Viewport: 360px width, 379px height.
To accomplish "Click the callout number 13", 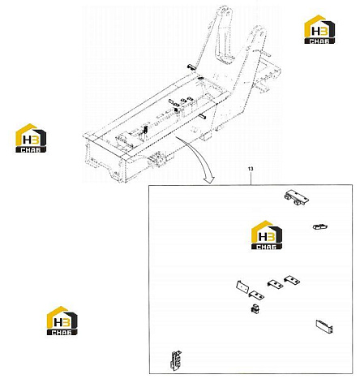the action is click(251, 169).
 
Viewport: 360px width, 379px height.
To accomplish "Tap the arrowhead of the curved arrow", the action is click(209, 179).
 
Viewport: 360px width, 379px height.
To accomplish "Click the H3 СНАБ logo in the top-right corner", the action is click(319, 29).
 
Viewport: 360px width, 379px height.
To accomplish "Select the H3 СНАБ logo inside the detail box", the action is click(267, 235).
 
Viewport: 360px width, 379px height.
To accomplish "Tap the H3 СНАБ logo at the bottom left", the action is click(62, 321).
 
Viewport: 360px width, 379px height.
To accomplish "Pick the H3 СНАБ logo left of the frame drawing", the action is click(31, 138).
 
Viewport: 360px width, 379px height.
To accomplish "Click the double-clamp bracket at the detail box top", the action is click(297, 198).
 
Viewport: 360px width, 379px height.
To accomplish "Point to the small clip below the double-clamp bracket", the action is click(320, 226).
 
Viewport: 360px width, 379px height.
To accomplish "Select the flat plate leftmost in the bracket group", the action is click(242, 286).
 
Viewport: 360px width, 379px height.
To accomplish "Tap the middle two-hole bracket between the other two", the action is click(276, 284).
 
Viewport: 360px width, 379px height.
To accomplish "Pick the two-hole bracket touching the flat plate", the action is click(256, 295).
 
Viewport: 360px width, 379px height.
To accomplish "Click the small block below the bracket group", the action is click(255, 308).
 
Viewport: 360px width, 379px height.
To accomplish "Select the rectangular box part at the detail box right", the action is click(324, 326).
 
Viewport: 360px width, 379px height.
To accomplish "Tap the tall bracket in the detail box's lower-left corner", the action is click(176, 360).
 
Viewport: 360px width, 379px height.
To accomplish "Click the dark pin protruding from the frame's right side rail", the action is click(203, 116).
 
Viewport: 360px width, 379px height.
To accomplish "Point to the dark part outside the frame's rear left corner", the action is click(191, 67).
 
